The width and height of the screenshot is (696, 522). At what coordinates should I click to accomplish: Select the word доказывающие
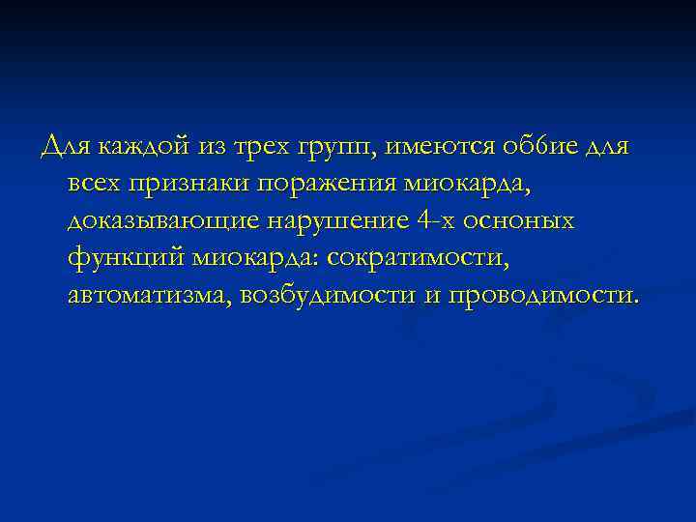(x=160, y=221)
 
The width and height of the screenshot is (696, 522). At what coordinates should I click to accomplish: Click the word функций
(x=126, y=258)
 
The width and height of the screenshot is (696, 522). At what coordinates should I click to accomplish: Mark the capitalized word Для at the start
(x=62, y=148)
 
